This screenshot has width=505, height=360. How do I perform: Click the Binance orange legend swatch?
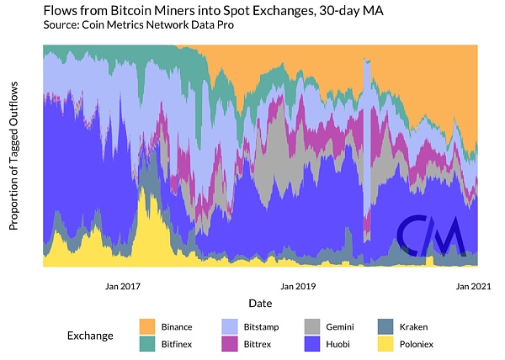click(147, 326)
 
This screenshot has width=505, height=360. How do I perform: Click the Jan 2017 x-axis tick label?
click(123, 286)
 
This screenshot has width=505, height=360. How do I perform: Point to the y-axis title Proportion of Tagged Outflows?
click(14, 156)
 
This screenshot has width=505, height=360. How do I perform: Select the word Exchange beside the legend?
click(90, 335)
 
